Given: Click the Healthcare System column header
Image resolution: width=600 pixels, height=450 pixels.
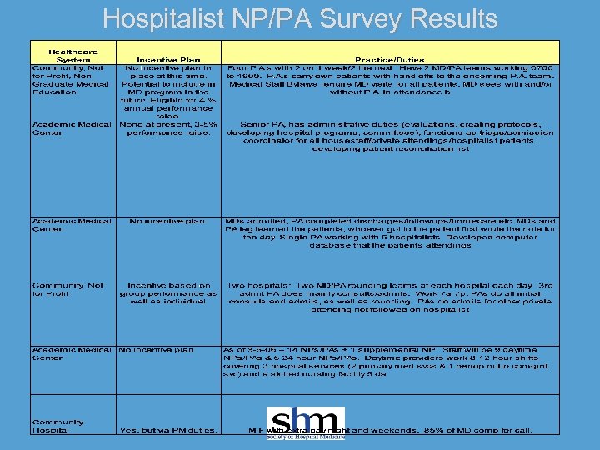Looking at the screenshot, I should click(x=72, y=56).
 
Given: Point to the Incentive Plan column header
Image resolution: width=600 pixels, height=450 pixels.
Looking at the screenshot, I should click(x=167, y=60).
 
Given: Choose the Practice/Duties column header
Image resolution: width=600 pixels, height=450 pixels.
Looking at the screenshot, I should click(x=389, y=60).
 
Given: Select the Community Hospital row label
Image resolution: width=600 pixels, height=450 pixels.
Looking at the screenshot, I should click(x=57, y=426).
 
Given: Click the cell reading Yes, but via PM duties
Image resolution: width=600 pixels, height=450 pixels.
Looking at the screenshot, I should click(x=169, y=430).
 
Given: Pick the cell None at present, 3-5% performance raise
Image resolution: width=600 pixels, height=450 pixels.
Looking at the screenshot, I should click(x=169, y=128).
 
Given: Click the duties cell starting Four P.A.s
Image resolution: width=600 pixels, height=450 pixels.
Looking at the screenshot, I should click(x=390, y=80).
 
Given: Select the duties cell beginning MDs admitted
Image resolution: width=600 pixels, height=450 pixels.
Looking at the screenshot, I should click(x=390, y=233).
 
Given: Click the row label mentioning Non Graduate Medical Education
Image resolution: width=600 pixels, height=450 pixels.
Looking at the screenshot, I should click(x=72, y=80).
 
